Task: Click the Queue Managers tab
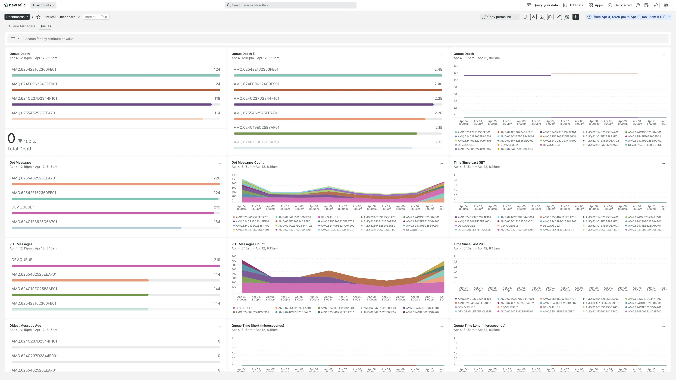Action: (x=22, y=26)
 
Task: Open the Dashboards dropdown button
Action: (x=17, y=17)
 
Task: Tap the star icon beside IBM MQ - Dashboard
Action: (x=38, y=17)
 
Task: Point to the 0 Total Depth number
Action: (x=11, y=138)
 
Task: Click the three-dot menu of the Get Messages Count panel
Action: (x=441, y=164)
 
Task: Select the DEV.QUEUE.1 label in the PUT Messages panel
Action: (x=23, y=260)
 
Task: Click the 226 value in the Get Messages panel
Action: (x=217, y=178)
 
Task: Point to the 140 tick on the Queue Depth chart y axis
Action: (x=456, y=66)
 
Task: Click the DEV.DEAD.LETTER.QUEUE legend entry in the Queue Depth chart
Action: (x=644, y=145)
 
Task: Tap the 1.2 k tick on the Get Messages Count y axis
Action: (x=234, y=175)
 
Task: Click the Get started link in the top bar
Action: (x=622, y=5)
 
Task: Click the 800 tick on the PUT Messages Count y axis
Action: (x=234, y=256)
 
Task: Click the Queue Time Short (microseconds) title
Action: (x=257, y=325)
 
